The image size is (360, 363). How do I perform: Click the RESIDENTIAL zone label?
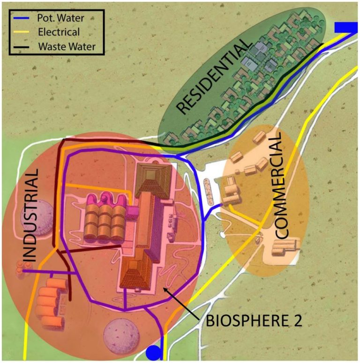(x=213, y=77)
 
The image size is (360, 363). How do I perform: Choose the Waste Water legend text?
(x=65, y=46)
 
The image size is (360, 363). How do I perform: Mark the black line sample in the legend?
(x=22, y=46)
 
